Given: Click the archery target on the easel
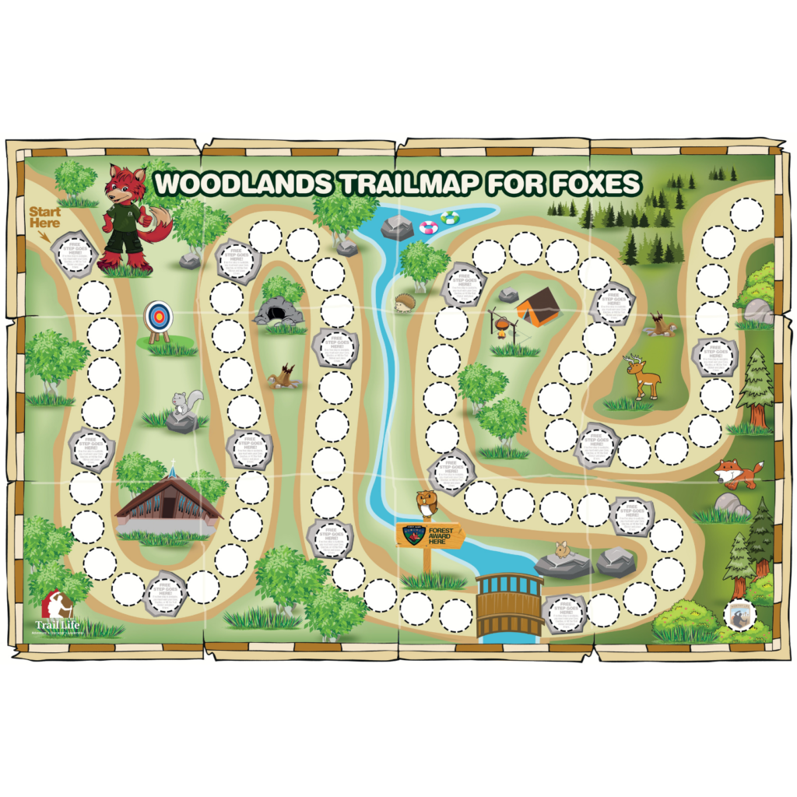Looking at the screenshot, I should point(158,316).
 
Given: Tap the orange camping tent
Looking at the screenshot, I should point(538,306).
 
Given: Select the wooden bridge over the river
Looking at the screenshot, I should point(510,605).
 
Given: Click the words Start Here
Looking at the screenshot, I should point(45,217).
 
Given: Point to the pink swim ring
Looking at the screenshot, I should point(428,228).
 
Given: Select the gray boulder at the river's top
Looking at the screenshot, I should point(398,228).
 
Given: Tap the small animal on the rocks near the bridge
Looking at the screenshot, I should point(563,550).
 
